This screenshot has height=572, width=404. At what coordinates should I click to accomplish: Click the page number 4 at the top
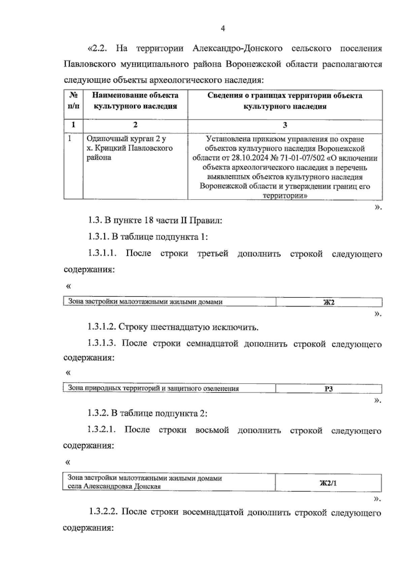(x=223, y=28)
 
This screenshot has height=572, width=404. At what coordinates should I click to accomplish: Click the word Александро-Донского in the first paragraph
(x=238, y=48)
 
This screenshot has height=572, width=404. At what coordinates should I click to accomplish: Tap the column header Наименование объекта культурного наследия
(x=135, y=101)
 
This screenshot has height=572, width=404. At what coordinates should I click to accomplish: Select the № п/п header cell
(x=73, y=101)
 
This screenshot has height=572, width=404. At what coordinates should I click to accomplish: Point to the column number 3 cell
(x=285, y=125)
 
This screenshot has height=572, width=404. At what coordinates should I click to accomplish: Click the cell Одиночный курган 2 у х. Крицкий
(x=130, y=148)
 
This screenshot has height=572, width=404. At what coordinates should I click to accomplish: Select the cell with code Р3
(x=329, y=389)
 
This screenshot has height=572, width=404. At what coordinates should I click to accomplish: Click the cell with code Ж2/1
(x=328, y=483)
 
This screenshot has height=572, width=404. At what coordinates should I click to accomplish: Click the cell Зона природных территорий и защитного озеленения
(x=154, y=388)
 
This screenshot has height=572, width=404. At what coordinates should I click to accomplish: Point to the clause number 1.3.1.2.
(x=102, y=327)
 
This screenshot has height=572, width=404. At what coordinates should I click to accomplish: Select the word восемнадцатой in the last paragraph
(x=213, y=513)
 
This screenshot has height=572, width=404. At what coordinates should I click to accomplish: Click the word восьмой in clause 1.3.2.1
(x=212, y=430)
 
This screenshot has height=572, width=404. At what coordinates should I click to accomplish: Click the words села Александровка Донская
(x=114, y=486)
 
